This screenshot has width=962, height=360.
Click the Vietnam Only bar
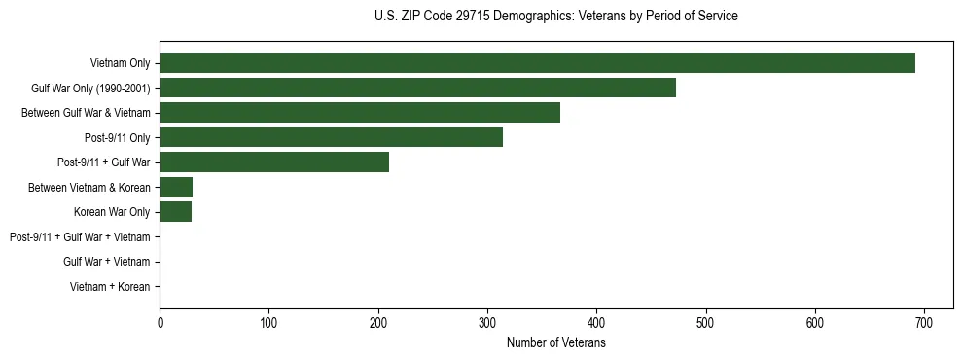537,63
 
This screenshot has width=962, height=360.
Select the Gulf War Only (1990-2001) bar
417,88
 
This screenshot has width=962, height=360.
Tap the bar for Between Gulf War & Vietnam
360,113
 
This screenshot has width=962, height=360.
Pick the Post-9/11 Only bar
331,137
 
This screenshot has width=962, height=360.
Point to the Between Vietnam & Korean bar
176,187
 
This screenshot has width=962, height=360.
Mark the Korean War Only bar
175,212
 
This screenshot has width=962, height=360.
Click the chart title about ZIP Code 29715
555,17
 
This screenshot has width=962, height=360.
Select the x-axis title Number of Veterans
555,343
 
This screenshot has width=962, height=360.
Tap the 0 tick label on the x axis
160,324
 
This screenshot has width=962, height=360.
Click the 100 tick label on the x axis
268,324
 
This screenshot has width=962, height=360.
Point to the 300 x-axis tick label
487,324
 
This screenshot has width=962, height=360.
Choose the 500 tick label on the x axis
706,324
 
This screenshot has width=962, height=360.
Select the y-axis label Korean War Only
112,212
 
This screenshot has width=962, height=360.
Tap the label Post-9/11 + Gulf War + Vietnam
80,237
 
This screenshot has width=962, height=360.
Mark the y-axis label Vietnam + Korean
110,287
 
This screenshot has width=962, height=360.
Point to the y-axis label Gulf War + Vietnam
106,262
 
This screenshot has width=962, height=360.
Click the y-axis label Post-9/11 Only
118,138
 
